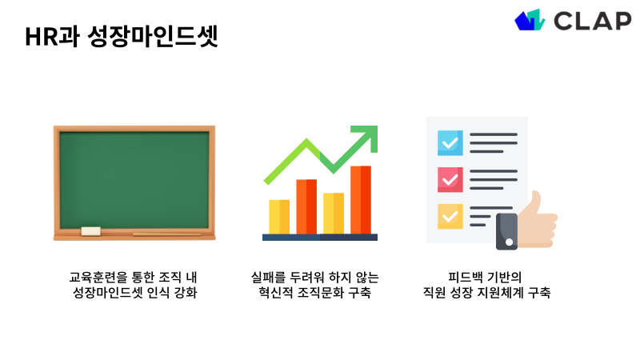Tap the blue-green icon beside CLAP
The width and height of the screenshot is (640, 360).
pos(530,20)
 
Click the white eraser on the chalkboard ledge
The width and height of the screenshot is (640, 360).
pos(90,231)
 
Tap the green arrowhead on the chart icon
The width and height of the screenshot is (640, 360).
pos(366,138)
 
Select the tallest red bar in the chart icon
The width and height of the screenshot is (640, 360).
pos(361,199)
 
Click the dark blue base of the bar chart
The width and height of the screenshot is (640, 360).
pos(320,237)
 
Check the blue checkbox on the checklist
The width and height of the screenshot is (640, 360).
pos(450,142)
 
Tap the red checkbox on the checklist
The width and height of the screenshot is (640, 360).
pos(450,179)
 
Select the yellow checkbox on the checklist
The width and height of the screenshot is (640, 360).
pos(450,216)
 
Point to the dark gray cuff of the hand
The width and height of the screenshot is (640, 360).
pos(507,231)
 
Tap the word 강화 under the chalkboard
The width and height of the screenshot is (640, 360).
pos(185,294)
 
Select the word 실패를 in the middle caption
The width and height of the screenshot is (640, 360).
pos(268,278)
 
